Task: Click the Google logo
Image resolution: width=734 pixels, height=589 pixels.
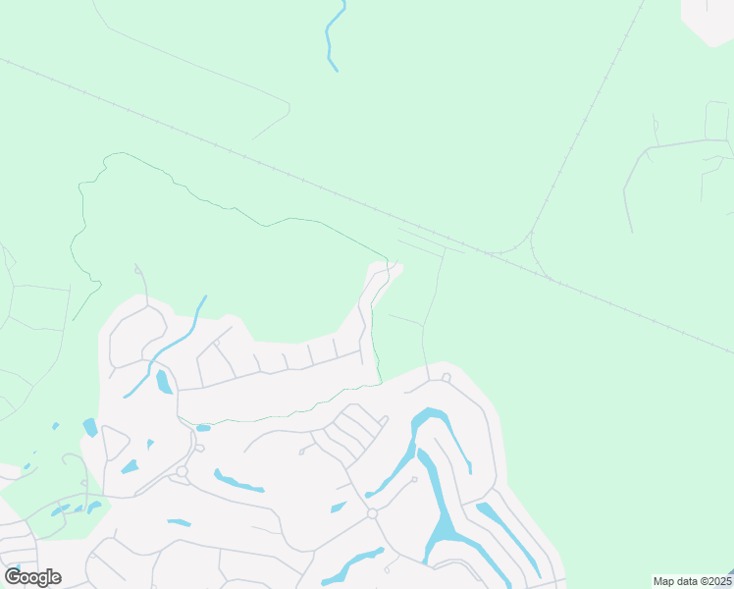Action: [x=32, y=577]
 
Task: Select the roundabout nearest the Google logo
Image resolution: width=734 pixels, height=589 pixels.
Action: [x=182, y=472]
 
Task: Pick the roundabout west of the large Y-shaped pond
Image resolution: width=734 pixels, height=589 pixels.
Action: [x=372, y=513]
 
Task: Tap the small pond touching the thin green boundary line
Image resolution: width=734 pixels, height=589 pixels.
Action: [x=203, y=428]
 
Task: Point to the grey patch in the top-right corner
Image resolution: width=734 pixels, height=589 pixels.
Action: [x=708, y=20]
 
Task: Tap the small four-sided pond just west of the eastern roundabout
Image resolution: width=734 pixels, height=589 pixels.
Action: [x=339, y=508]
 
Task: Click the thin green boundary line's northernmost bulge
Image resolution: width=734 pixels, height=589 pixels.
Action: [x=118, y=155]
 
